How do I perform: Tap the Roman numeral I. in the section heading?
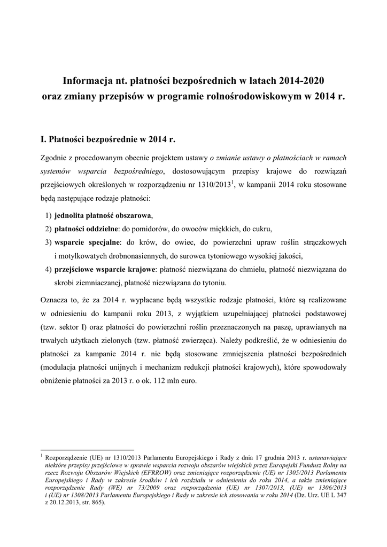pyautogui.click(x=44, y=140)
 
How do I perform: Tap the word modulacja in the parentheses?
pyautogui.click(x=60, y=369)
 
